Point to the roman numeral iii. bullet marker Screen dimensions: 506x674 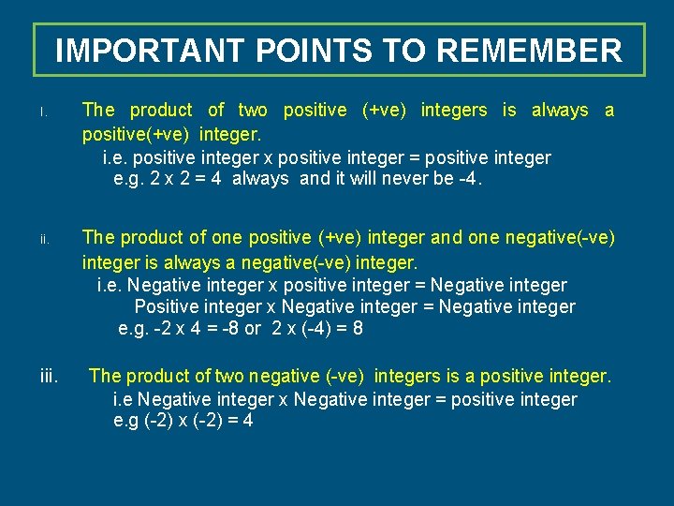tap(50, 377)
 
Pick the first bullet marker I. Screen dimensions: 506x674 tap(42, 112)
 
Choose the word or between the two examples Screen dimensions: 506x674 tap(253, 329)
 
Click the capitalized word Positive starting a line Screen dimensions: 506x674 tap(165, 306)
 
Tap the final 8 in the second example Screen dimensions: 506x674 tap(359, 329)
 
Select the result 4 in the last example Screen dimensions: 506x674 tap(247, 421)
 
